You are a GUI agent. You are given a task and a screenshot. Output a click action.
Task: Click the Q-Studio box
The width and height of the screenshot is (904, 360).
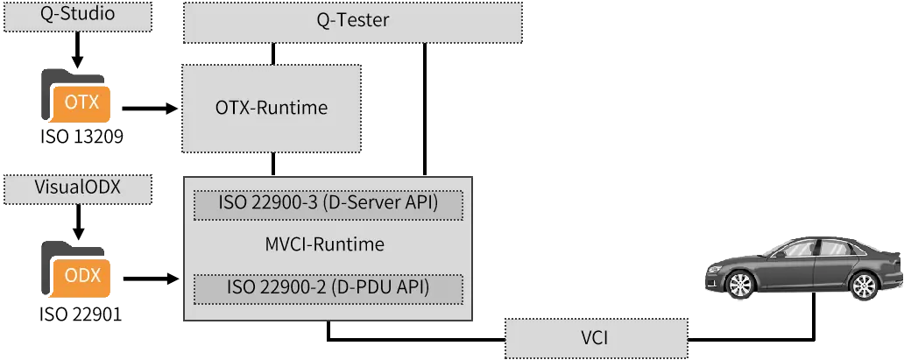77,17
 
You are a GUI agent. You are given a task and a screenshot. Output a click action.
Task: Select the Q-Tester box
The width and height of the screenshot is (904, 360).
353,22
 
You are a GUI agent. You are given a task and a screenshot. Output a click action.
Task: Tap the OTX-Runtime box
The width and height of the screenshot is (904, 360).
272,108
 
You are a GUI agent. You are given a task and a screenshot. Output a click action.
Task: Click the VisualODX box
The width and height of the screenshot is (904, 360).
77,188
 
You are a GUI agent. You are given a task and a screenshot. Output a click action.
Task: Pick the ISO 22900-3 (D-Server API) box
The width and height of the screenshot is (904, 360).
328,205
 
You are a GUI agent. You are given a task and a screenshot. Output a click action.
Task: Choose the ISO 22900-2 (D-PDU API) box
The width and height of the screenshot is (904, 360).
328,289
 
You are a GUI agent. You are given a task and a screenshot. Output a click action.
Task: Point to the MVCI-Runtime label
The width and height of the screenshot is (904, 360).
325,244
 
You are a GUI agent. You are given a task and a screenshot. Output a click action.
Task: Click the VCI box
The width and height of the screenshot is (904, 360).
597,337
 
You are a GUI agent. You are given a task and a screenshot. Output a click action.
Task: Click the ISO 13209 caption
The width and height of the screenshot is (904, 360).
81,138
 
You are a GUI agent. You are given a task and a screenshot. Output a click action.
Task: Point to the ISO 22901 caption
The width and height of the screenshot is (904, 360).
81,315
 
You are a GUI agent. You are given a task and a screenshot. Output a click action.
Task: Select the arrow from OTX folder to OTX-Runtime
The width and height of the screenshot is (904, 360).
149,108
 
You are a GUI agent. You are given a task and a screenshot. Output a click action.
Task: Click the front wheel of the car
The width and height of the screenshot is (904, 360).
740,285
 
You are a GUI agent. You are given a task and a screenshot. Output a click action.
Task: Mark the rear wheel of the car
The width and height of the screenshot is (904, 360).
864,285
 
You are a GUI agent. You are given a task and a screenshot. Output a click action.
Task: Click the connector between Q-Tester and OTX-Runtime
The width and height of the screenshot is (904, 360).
273,53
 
